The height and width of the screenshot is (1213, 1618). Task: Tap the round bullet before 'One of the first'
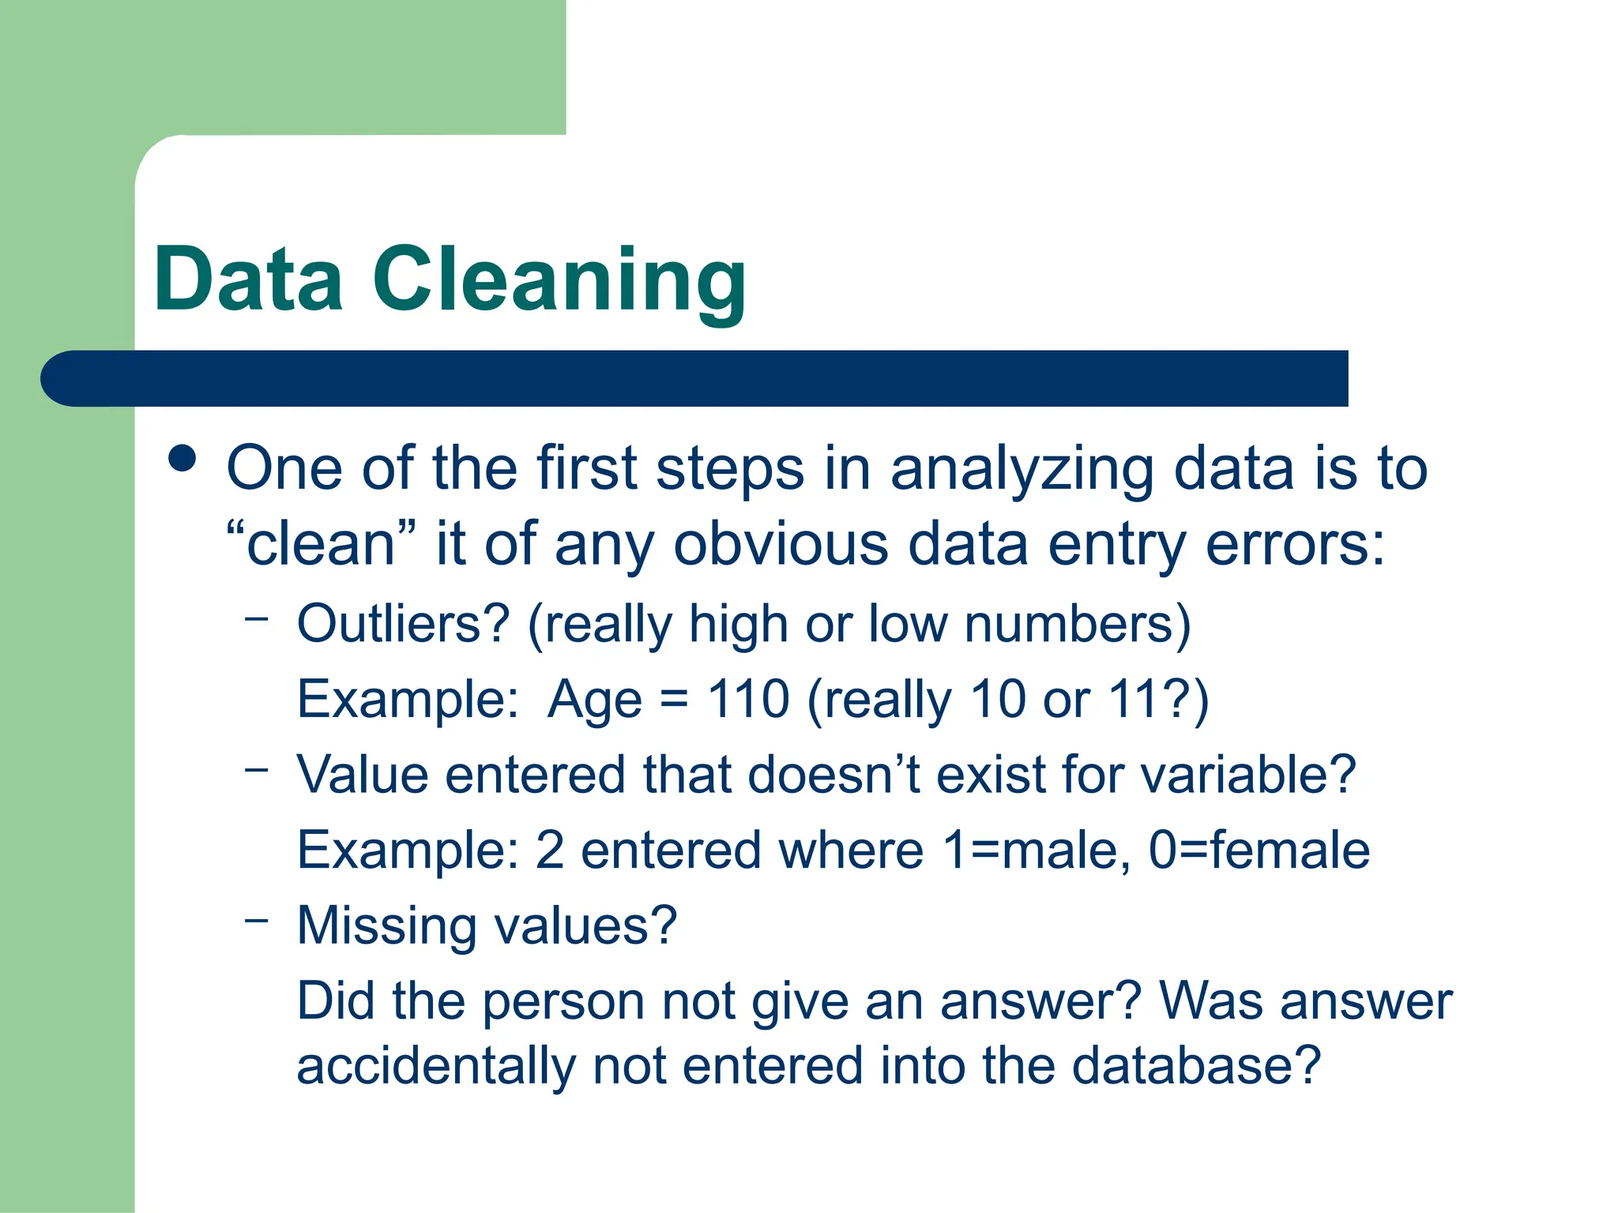[x=182, y=459]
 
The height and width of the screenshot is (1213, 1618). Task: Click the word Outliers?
[x=404, y=623]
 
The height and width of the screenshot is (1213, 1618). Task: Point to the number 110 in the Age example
[x=747, y=699]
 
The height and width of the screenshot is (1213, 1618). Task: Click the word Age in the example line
[x=595, y=700]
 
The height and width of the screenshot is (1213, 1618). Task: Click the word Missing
[x=386, y=925]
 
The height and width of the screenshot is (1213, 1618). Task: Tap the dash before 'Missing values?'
[x=257, y=918]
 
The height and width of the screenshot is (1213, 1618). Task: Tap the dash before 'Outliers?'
[x=257, y=618]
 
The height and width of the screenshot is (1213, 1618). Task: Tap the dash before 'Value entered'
[x=257, y=768]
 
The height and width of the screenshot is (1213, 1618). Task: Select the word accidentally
[x=436, y=1066]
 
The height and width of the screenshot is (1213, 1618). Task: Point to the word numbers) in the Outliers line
[x=1078, y=624]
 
